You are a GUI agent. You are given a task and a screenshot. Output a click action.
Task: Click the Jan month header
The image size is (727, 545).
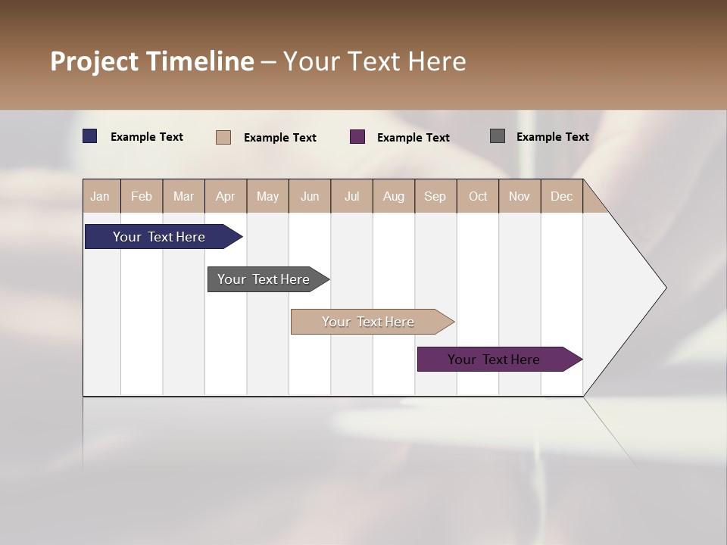click(x=100, y=196)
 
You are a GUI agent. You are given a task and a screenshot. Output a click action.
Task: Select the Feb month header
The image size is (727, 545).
click(x=142, y=196)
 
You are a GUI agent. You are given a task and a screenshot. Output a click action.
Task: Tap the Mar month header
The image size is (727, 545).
click(x=183, y=196)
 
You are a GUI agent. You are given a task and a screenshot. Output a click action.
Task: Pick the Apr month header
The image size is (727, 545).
click(x=226, y=196)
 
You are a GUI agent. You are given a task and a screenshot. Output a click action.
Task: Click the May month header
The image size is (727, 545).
click(x=267, y=196)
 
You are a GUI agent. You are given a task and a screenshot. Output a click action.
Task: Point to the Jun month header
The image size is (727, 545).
click(x=310, y=196)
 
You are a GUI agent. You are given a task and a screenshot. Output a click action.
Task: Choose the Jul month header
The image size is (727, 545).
click(x=351, y=196)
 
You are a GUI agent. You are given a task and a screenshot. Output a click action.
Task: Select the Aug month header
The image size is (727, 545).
click(x=394, y=196)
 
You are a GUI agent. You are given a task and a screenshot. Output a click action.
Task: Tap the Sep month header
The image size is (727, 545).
click(x=435, y=196)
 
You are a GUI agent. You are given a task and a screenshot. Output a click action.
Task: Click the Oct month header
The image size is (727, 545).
click(x=478, y=196)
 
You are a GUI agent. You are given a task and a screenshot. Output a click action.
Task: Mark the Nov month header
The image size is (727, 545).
click(x=520, y=196)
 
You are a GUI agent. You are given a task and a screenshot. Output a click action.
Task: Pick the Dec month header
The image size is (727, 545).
click(x=562, y=196)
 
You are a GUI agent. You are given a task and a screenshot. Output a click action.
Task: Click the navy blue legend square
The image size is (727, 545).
click(x=90, y=136)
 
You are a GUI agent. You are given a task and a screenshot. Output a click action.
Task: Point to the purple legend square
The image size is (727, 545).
click(x=357, y=137)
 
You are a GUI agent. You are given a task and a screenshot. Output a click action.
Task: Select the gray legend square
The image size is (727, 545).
click(x=498, y=136)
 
